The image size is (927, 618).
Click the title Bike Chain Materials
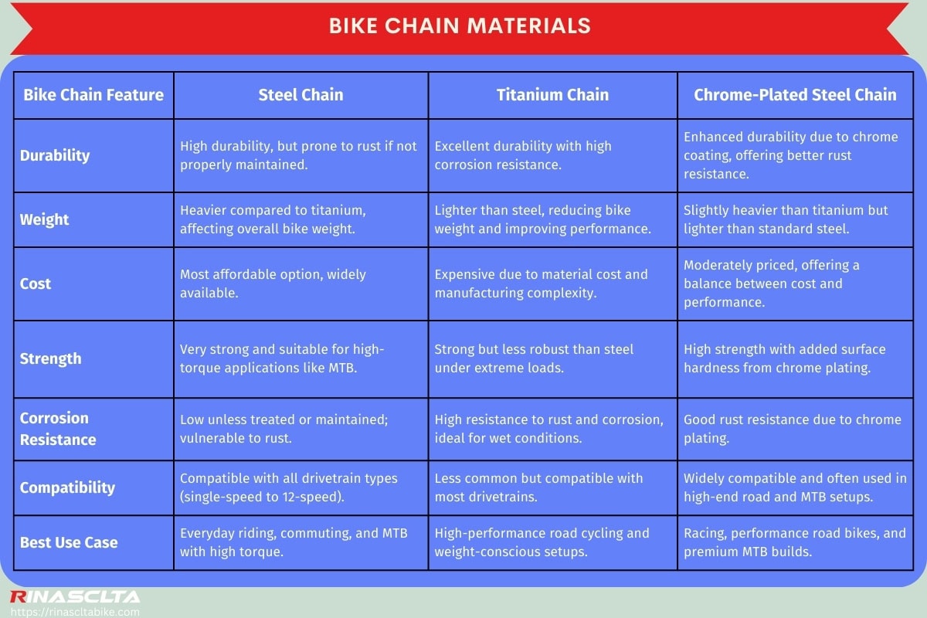[460, 25]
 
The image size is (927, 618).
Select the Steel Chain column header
[301, 95]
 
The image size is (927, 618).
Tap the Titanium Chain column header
[552, 95]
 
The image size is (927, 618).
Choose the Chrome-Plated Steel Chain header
[795, 95]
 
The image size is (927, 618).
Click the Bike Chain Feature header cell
[93, 95]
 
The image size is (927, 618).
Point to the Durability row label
[55, 155]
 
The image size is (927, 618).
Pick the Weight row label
[44, 219]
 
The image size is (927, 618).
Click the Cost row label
[36, 284]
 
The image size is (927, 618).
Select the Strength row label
[50, 358]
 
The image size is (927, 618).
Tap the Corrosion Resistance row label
[58, 429]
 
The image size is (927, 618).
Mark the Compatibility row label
[67, 487]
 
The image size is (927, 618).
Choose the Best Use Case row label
[69, 542]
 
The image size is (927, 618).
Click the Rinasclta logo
[75, 596]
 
